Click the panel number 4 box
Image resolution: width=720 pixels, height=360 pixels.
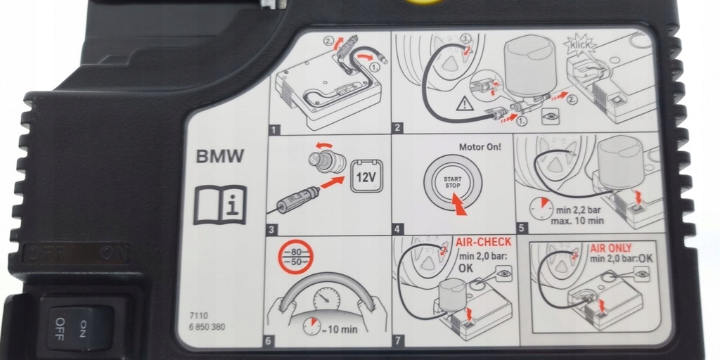tap(398, 229)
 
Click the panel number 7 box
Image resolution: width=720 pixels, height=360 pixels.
tap(398, 341)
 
